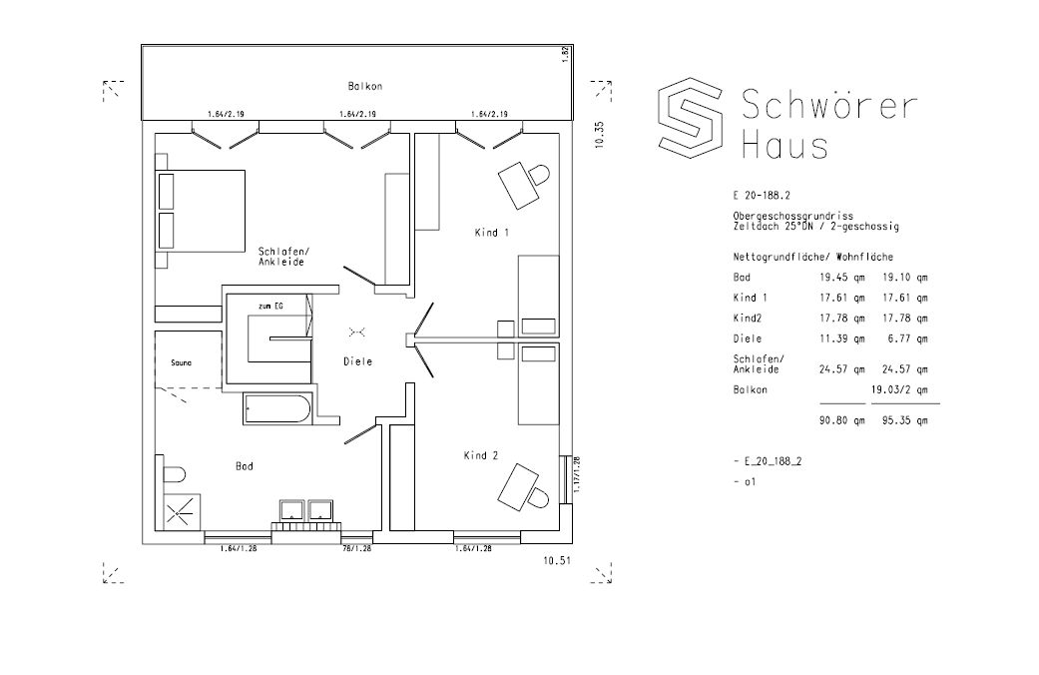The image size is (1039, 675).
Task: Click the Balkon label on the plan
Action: click(364, 86)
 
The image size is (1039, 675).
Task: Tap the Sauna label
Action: click(181, 362)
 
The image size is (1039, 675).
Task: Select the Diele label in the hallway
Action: click(358, 361)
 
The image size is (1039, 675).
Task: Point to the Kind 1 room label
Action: click(492, 233)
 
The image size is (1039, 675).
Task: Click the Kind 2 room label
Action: click(481, 455)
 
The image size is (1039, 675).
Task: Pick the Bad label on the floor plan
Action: click(245, 466)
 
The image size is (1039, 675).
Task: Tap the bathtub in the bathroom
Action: click(277, 409)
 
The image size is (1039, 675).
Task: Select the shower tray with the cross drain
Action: click(181, 512)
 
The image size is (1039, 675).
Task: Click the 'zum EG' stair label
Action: click(269, 306)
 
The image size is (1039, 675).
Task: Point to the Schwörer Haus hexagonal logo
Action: click(690, 118)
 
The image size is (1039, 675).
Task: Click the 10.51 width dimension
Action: click(557, 560)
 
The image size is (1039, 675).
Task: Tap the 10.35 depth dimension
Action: click(600, 135)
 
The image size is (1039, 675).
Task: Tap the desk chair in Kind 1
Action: click(539, 175)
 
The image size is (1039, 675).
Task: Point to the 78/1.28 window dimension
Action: click(356, 548)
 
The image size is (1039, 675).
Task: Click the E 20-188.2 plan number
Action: click(762, 196)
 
